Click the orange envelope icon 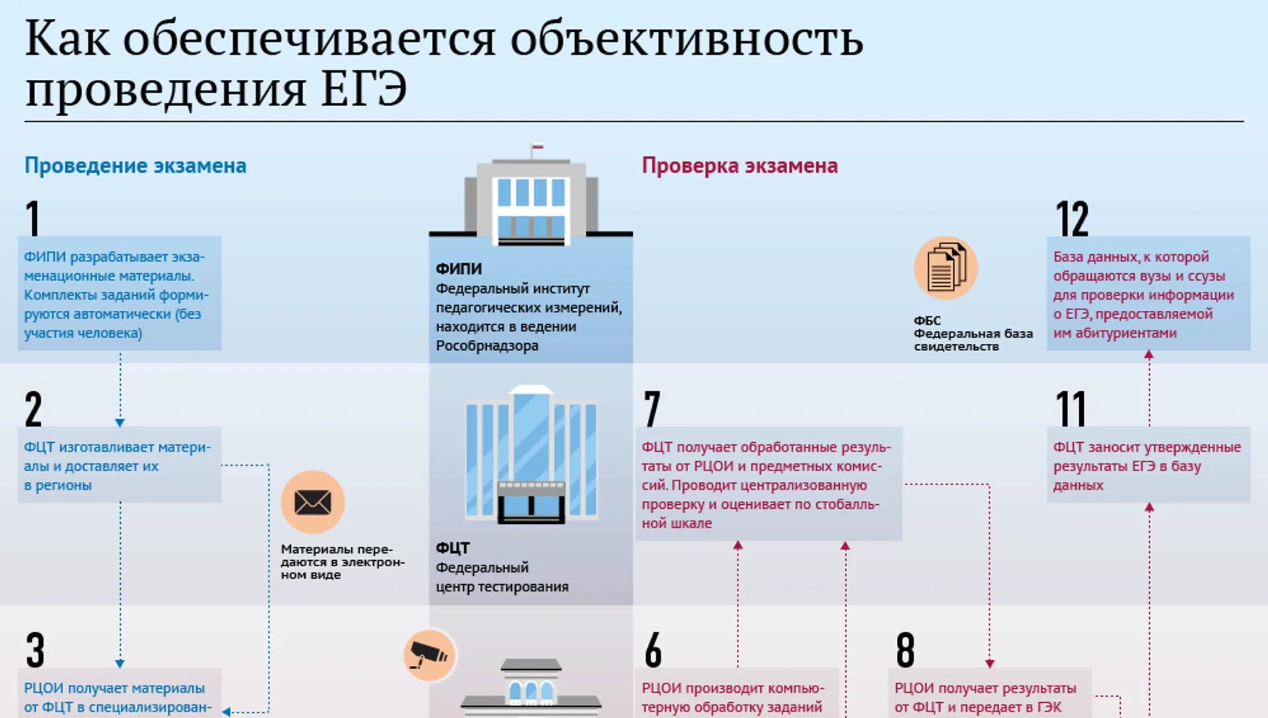pos(312,502)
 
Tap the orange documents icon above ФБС pos(945,268)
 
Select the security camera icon pos(429,655)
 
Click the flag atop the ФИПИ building pos(538,147)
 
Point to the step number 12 pos(1071,218)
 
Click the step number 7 pos(652,409)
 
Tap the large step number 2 pos(33,409)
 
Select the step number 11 pos(1071,409)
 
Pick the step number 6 pos(653,650)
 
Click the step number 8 pos(905,650)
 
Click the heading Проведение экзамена pos(135,166)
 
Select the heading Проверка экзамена pos(740,166)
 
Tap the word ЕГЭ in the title pos(364,89)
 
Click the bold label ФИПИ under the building pos(458,269)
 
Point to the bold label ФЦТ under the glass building pos(452,548)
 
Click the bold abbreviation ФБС pos(927,321)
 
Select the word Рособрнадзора pos(487,346)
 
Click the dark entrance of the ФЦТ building pos(531,505)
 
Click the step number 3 pos(35,650)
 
